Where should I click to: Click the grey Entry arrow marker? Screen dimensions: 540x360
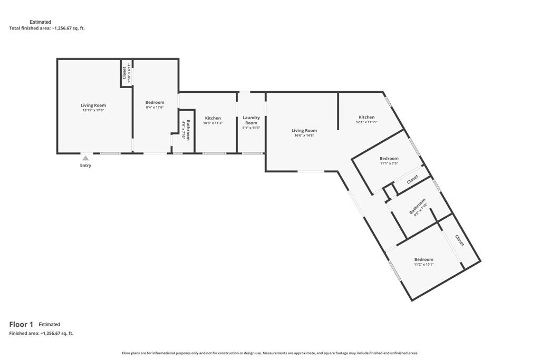click(85, 158)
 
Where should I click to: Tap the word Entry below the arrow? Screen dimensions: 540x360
click(86, 166)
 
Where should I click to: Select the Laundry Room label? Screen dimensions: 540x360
click(251, 120)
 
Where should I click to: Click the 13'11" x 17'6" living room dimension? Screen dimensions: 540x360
click(93, 111)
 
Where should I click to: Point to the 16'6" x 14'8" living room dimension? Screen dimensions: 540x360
click(304, 135)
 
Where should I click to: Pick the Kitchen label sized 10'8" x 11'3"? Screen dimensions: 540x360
click(213, 118)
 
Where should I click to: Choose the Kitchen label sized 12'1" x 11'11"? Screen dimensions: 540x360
click(367, 117)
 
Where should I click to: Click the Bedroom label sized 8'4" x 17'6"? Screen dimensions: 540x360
click(155, 102)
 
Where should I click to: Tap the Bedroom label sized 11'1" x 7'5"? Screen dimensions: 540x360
click(389, 159)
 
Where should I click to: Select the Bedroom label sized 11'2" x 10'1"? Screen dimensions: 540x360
click(423, 259)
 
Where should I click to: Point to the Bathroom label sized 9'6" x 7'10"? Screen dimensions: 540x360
click(417, 206)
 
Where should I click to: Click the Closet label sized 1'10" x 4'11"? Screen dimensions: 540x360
click(124, 73)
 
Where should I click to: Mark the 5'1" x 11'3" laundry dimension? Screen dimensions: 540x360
click(251, 128)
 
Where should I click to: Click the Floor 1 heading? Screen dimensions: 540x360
click(21, 324)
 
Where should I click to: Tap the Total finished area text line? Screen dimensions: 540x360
click(47, 28)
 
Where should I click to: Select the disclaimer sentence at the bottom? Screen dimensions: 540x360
click(270, 353)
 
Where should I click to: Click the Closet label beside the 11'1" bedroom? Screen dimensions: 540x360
click(412, 179)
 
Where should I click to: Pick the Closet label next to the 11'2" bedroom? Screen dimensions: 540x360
click(460, 240)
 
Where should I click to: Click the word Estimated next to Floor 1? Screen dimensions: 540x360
click(49, 324)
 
